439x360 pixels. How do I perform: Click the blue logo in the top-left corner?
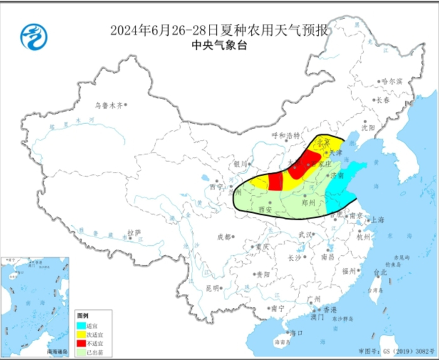coord(31,38)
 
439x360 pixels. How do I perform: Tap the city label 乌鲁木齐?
coord(110,106)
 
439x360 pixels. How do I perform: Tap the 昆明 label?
coord(213,288)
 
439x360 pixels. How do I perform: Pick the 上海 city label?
coord(377,220)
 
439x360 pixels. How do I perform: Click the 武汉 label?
coord(305,234)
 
